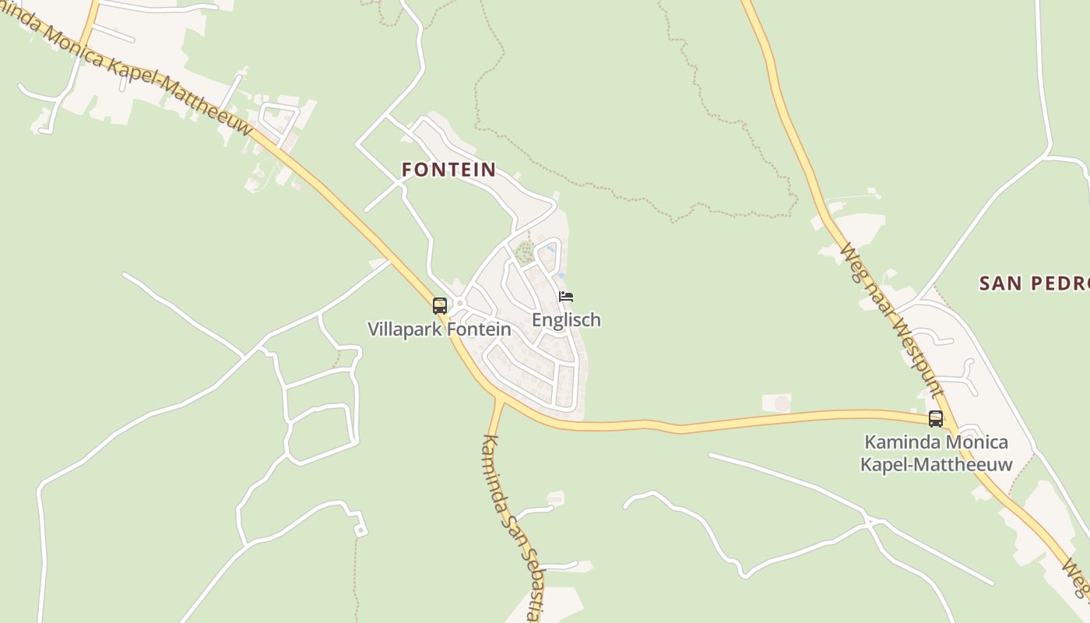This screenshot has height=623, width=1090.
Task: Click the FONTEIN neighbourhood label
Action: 448,170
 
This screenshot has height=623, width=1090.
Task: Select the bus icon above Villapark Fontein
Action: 440,305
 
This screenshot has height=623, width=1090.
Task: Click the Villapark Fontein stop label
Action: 439,329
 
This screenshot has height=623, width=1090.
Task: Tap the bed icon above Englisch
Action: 566,297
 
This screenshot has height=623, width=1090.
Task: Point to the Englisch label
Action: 566,320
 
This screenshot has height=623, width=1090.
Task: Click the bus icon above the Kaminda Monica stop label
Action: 936,418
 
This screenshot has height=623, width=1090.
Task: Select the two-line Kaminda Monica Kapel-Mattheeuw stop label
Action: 936,453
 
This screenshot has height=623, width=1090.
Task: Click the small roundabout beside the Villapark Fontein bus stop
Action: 460,303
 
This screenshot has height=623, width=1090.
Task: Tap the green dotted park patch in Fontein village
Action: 525,252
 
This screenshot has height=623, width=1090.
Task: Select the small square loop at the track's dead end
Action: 360,530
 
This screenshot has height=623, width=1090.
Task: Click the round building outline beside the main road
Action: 782,403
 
